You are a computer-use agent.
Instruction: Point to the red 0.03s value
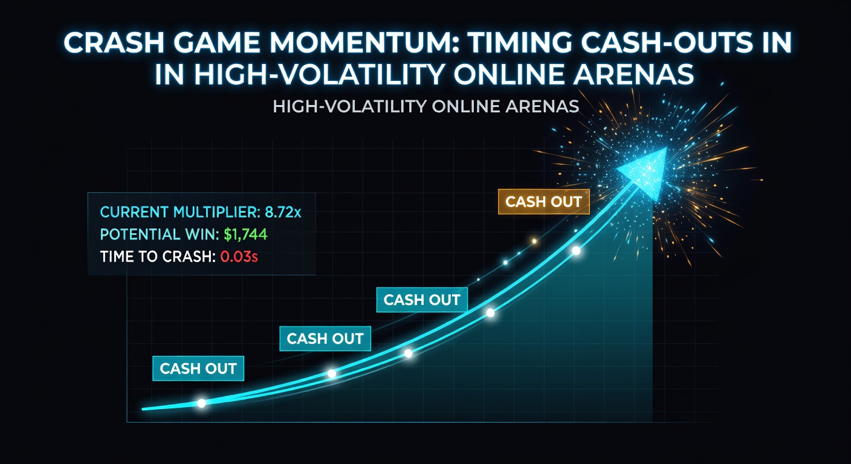click(x=239, y=256)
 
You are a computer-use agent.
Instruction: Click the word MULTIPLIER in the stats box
click(x=209, y=212)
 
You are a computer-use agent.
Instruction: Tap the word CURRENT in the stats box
click(x=126, y=212)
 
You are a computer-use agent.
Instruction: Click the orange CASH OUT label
click(x=543, y=202)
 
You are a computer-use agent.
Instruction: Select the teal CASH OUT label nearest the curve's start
click(x=198, y=369)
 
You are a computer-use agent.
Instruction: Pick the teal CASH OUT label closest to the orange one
click(x=422, y=300)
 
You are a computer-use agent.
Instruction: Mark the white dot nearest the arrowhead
click(x=576, y=250)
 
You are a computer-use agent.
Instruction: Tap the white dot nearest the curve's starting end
click(x=201, y=403)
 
